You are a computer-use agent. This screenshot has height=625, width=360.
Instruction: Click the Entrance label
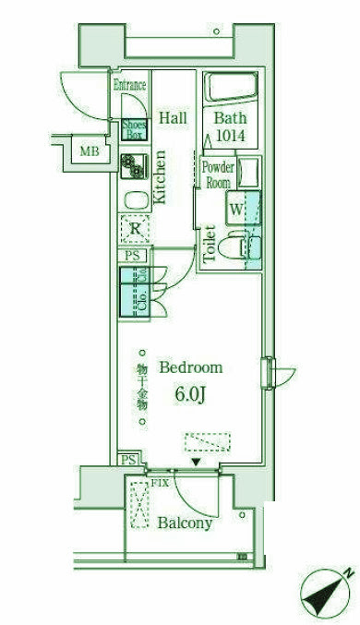[130, 86]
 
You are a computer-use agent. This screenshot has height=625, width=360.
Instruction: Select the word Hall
[173, 118]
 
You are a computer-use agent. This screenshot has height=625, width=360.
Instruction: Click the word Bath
[231, 118]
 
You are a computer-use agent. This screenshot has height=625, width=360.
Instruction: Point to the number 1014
[231, 137]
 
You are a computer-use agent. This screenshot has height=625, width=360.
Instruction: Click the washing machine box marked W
[235, 210]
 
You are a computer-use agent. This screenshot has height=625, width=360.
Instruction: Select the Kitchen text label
[159, 176]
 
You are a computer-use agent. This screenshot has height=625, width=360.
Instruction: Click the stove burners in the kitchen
[133, 165]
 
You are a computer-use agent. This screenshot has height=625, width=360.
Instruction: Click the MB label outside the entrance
[89, 151]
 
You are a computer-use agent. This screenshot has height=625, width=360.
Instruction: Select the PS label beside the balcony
[128, 460]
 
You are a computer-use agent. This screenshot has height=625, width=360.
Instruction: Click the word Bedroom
[191, 367]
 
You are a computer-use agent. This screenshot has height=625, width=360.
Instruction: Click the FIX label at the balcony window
[159, 481]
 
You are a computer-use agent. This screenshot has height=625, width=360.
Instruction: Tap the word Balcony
[185, 523]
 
